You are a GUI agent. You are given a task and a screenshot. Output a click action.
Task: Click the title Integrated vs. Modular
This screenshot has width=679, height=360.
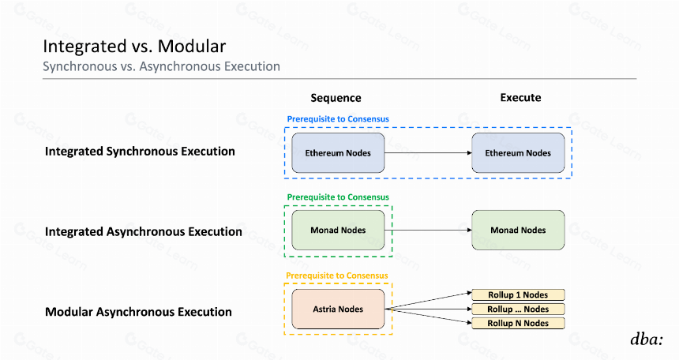[x=134, y=47]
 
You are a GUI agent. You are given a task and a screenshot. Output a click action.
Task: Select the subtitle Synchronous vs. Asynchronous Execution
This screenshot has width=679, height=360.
[x=161, y=66]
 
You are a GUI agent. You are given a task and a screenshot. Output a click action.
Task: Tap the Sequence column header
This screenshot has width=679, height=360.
[x=336, y=98]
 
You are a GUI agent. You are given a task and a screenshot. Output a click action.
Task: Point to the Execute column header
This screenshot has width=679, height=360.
[x=520, y=97]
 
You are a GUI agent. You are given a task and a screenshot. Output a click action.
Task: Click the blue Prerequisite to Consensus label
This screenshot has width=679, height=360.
[x=338, y=118]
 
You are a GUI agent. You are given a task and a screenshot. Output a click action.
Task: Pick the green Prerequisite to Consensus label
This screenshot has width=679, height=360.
[x=338, y=197]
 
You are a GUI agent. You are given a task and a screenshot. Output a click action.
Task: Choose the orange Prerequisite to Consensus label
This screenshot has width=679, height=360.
[x=337, y=276]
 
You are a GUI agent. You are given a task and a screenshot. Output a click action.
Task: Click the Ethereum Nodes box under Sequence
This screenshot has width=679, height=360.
[x=338, y=153]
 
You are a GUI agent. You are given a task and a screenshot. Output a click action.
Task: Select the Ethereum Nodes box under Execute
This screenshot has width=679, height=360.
[x=518, y=153]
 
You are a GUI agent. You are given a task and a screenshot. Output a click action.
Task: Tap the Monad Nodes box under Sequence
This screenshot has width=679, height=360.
[x=338, y=230]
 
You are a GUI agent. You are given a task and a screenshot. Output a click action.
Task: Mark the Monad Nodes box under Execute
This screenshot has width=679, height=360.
[x=518, y=230]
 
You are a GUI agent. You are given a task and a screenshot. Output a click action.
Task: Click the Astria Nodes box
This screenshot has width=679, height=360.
[x=338, y=309]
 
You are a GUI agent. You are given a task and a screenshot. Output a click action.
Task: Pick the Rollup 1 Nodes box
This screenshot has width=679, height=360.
[x=518, y=294]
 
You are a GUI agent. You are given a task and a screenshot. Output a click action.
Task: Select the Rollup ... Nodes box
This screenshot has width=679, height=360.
[x=518, y=309]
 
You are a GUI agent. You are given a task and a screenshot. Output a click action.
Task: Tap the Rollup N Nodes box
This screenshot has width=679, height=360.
[x=518, y=323]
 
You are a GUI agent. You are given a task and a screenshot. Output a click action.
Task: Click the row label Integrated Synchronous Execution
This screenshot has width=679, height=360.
[x=140, y=152]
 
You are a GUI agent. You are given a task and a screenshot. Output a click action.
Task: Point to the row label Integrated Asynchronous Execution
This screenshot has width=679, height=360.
[x=144, y=232]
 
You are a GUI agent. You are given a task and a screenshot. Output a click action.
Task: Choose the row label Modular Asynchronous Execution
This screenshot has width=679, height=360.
[x=138, y=312]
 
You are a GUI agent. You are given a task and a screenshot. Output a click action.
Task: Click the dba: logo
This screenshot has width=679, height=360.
[x=647, y=339]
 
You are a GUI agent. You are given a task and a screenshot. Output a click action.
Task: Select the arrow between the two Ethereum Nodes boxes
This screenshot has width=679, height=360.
[x=428, y=153]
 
